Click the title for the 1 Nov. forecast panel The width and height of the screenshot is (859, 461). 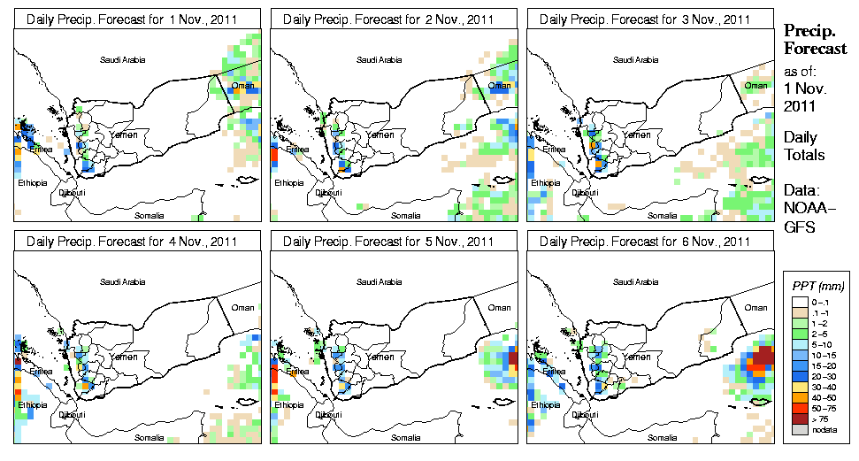point(137,19)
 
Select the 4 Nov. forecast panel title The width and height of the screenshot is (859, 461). point(137,241)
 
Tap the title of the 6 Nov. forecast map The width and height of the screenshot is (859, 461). point(650,241)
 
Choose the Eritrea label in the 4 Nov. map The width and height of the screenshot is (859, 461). point(42,371)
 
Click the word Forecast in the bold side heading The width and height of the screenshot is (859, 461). point(816,50)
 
